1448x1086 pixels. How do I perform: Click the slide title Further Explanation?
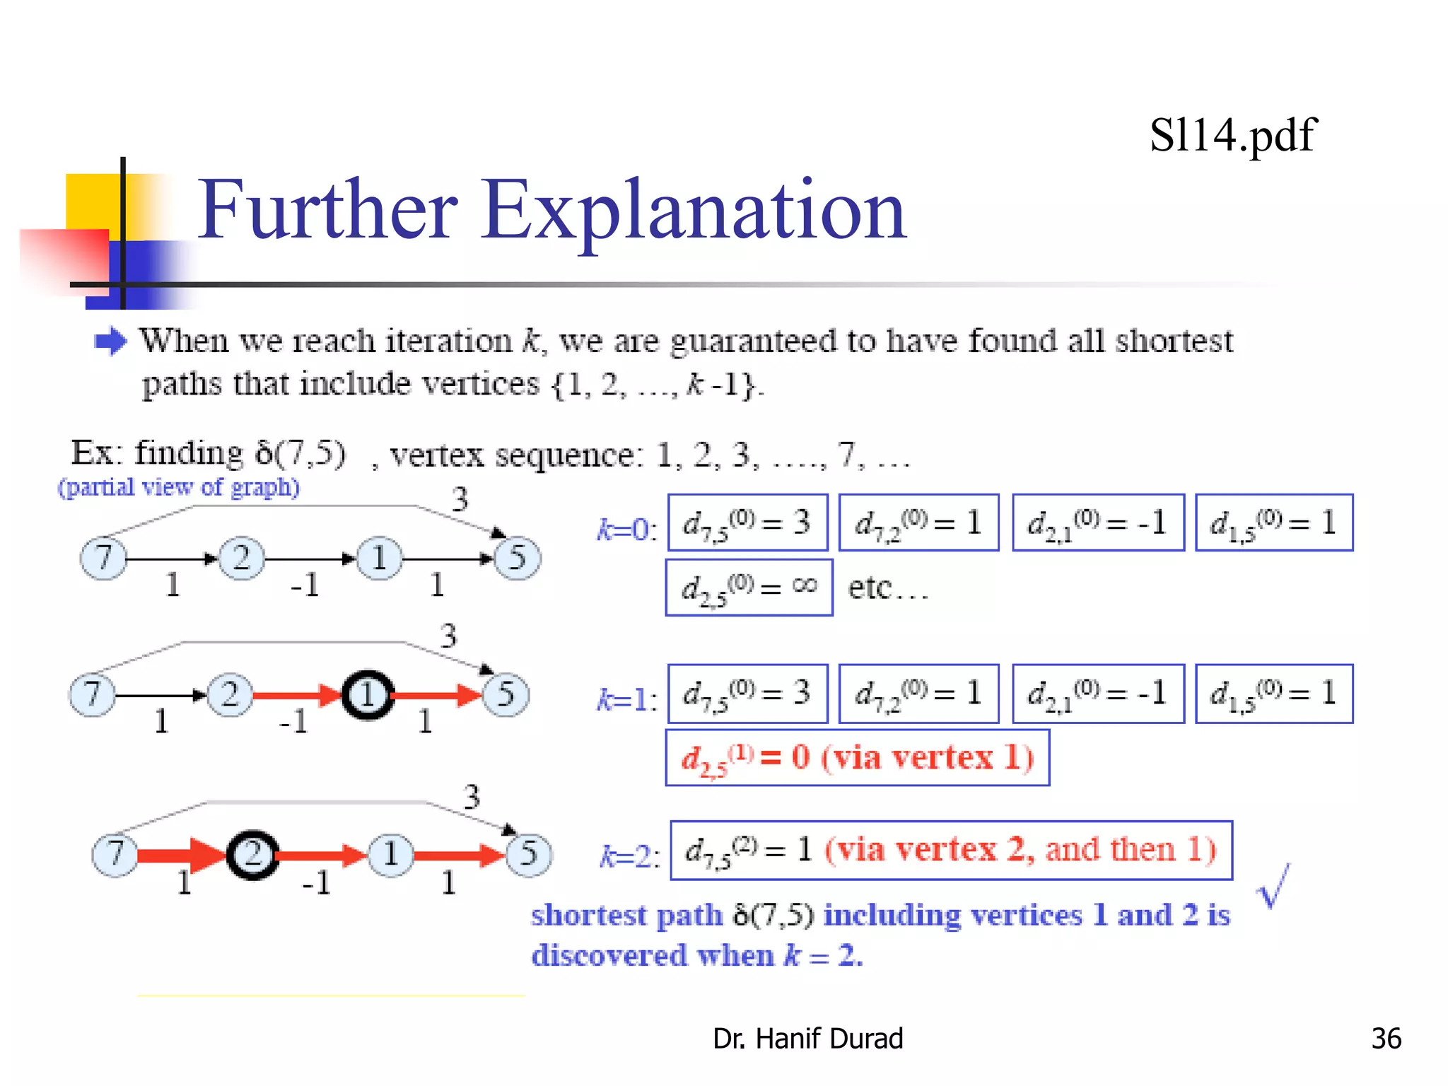pos(551,210)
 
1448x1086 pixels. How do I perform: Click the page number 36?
pos(1386,1038)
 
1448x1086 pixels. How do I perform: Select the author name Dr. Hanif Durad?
pos(807,1038)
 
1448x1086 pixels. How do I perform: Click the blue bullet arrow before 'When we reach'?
pos(110,341)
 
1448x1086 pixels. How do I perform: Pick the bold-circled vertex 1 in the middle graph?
pos(368,695)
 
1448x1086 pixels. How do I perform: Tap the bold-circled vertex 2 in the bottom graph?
pos(252,855)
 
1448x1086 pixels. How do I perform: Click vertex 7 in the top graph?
pos(103,558)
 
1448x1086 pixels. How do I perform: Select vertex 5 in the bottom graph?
pos(528,853)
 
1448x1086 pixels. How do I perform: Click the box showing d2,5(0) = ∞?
pos(749,588)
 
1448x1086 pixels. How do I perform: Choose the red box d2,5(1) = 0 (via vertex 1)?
pos(857,757)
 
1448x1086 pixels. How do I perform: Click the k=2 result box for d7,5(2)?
pos(951,850)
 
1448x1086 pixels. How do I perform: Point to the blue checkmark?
pos(1273,886)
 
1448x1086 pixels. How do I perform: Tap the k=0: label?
pos(626,529)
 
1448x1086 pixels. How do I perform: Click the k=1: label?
pos(626,699)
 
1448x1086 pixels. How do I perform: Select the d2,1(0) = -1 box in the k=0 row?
pos(1097,523)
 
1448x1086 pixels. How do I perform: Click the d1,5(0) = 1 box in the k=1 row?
pos(1273,694)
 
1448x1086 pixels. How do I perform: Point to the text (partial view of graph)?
pos(179,487)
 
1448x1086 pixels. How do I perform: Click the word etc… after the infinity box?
pos(887,588)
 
